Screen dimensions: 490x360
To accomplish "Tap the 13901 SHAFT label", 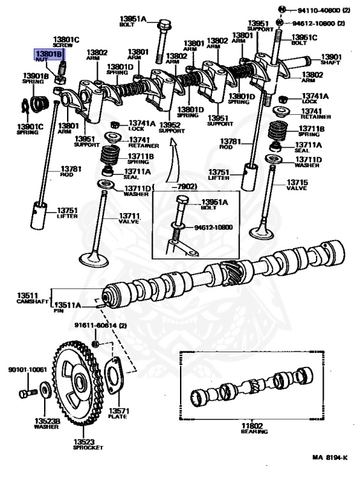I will click(331, 59).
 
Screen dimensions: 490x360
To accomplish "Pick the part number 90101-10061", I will click(27, 369).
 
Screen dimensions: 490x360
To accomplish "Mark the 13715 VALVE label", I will click(296, 185).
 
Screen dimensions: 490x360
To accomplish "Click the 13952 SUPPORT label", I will click(170, 128).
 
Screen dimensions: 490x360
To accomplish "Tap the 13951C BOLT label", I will click(304, 40).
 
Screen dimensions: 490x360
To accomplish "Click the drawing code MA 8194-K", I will click(329, 457).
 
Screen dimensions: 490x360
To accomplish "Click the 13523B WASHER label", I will click(47, 424).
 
